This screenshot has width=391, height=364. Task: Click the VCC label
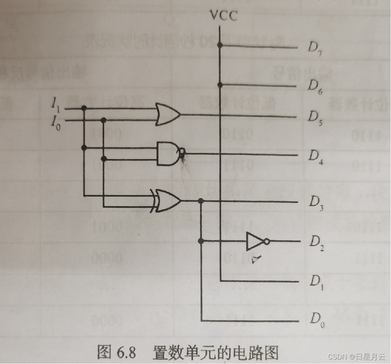click(x=224, y=16)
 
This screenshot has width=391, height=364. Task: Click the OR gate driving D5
click(x=168, y=114)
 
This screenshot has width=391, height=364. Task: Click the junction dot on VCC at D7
click(x=220, y=46)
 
